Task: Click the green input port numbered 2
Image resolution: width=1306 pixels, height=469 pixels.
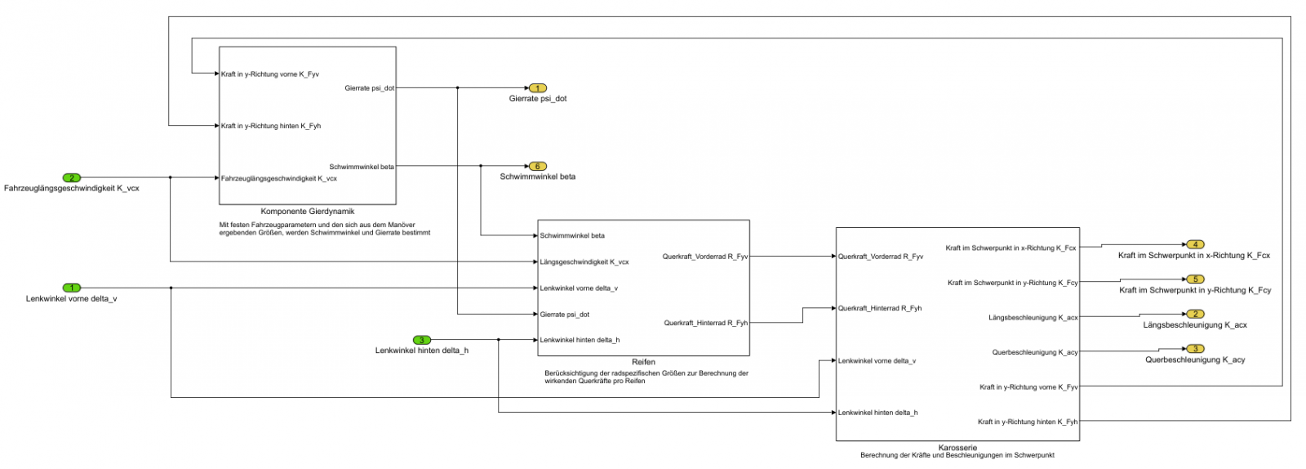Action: [x=72, y=177]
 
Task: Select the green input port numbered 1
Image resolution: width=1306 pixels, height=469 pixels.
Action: [x=72, y=288]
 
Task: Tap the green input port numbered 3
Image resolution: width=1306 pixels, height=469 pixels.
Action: [x=421, y=340]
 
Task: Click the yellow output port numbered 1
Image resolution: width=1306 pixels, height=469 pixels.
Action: [x=537, y=87]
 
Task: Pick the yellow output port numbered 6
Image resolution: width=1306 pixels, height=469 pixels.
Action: [x=537, y=166]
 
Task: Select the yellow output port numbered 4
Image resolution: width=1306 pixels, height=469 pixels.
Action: [x=1194, y=244]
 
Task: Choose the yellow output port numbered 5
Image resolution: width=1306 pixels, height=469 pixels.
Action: [x=1194, y=279]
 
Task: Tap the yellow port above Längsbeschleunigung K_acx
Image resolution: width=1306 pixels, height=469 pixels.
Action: [x=1194, y=314]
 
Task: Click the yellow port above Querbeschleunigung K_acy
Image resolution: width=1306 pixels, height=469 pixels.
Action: [x=1194, y=349]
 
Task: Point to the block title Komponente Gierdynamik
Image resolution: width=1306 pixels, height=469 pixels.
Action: [x=307, y=212]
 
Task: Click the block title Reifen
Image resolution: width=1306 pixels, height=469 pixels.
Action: [x=643, y=362]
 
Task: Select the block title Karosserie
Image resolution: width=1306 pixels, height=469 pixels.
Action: [x=957, y=448]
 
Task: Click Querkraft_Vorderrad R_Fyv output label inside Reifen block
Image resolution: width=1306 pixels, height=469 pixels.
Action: [x=704, y=257]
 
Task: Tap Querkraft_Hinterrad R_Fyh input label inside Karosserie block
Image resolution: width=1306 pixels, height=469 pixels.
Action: [x=880, y=308]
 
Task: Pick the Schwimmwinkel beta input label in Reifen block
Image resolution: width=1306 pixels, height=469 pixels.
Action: [x=572, y=235]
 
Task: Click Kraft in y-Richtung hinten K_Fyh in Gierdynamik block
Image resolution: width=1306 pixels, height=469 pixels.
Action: [x=270, y=126]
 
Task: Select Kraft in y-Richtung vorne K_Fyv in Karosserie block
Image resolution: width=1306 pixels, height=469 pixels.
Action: [x=1028, y=387]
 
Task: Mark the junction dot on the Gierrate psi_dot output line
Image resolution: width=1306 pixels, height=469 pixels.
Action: [x=457, y=87]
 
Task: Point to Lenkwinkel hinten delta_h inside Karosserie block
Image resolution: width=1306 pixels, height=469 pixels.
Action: [x=877, y=413]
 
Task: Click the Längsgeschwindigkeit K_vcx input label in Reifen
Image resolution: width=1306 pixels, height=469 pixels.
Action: [x=584, y=262]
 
